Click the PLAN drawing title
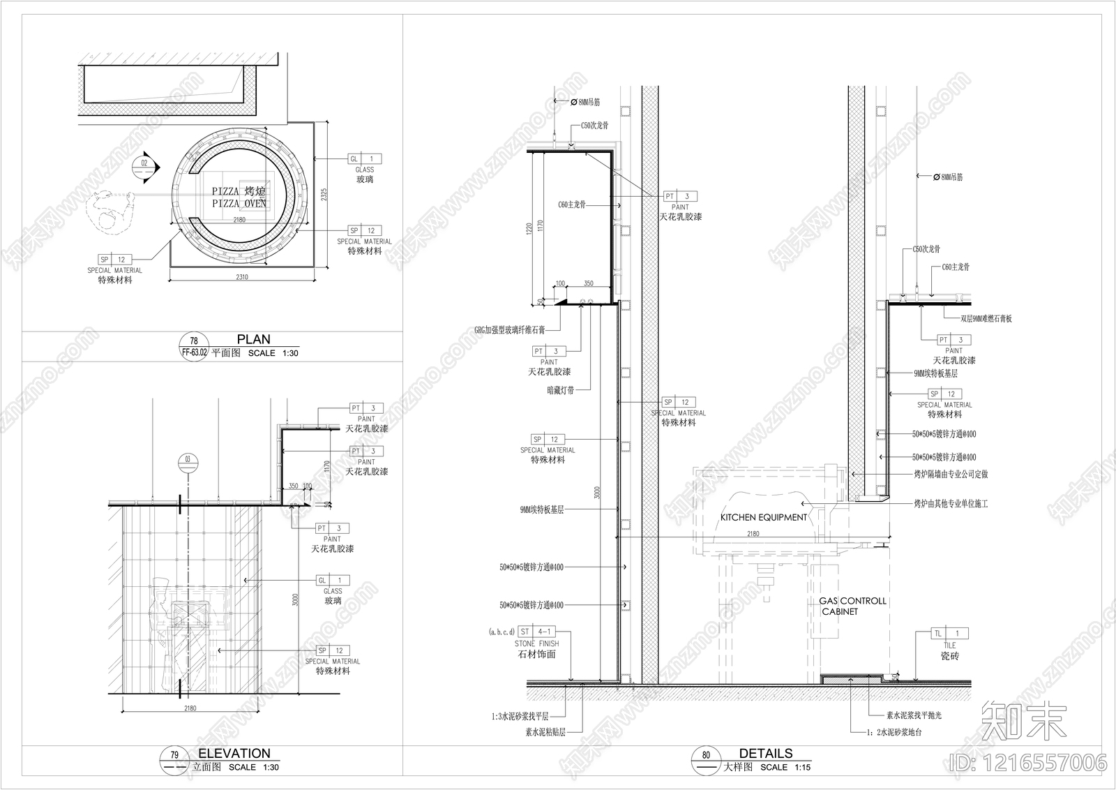point(253,339)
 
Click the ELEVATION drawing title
point(234,753)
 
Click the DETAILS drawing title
point(766,753)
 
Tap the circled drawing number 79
point(175,755)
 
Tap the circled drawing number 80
point(706,755)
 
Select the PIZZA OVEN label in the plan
point(239,197)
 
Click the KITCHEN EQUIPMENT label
point(763,517)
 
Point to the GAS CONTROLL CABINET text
point(852,606)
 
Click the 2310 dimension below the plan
point(241,277)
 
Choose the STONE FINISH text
point(536,643)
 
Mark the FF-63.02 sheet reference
point(195,352)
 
